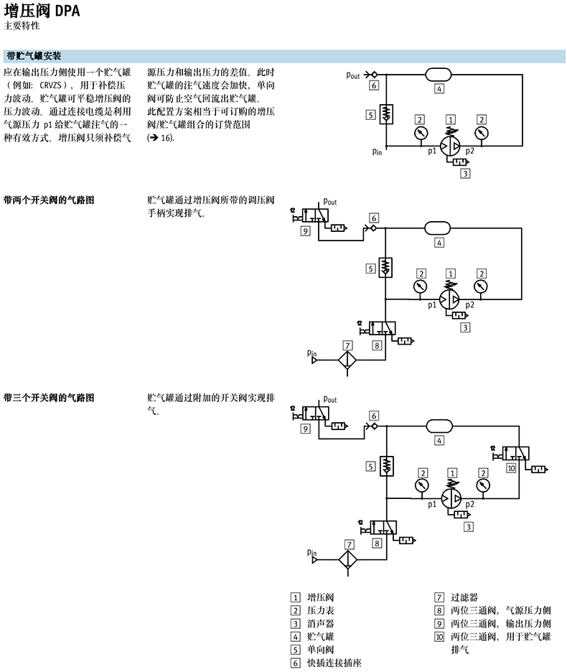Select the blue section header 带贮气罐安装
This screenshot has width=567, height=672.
point(34,55)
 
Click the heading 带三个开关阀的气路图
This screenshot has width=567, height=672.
point(49,397)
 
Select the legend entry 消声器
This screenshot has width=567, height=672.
point(320,623)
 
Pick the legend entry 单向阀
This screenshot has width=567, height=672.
point(320,649)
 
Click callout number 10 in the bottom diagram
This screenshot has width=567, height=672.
point(511,468)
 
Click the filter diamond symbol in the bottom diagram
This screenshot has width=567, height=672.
point(349,559)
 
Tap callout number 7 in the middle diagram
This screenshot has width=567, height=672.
point(347,345)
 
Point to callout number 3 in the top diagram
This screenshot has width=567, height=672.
point(465,174)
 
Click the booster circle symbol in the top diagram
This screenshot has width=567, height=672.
point(451,145)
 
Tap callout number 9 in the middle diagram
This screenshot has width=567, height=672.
point(306,231)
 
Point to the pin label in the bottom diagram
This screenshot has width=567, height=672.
point(311,553)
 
